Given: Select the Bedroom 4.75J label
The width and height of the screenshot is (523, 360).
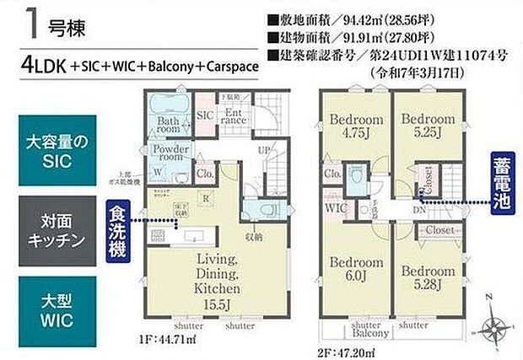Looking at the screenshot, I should click(x=357, y=125).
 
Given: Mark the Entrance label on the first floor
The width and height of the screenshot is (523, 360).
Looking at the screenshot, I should click(x=233, y=117).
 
